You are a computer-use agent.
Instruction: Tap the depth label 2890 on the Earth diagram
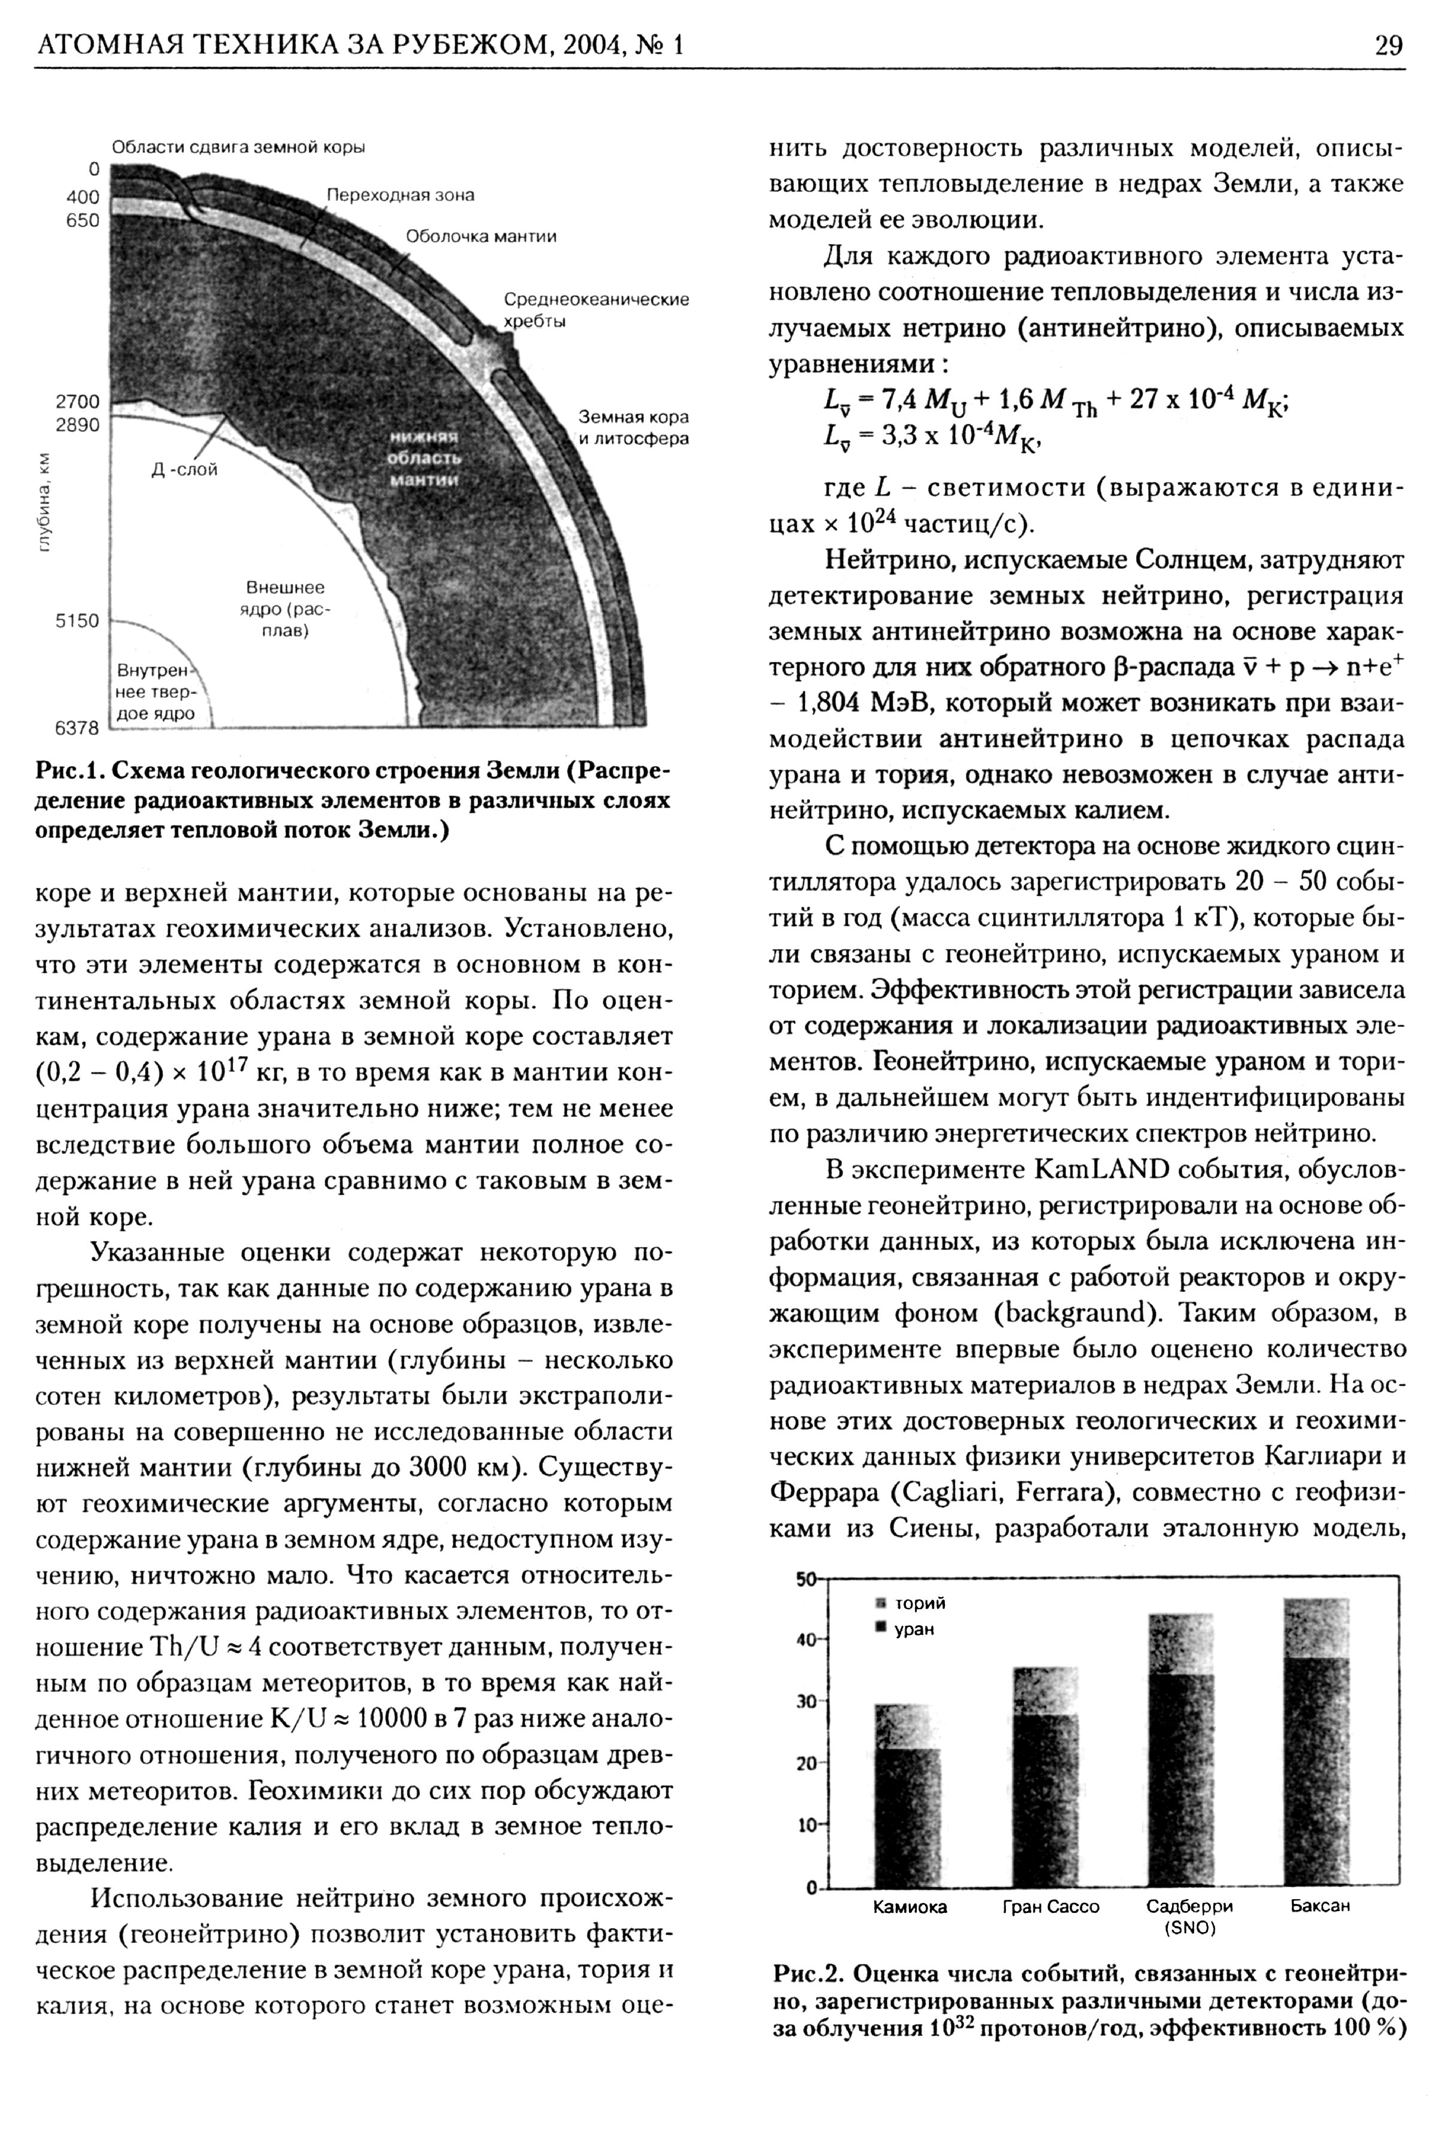point(77,426)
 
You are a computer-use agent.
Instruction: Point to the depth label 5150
point(77,621)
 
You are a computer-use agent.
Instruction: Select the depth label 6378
point(77,728)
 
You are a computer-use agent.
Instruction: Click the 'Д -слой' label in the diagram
point(185,470)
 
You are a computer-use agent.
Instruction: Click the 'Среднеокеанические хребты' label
point(596,310)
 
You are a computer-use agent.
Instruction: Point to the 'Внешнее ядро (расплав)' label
point(285,609)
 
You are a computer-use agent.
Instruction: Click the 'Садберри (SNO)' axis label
point(1189,1917)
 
